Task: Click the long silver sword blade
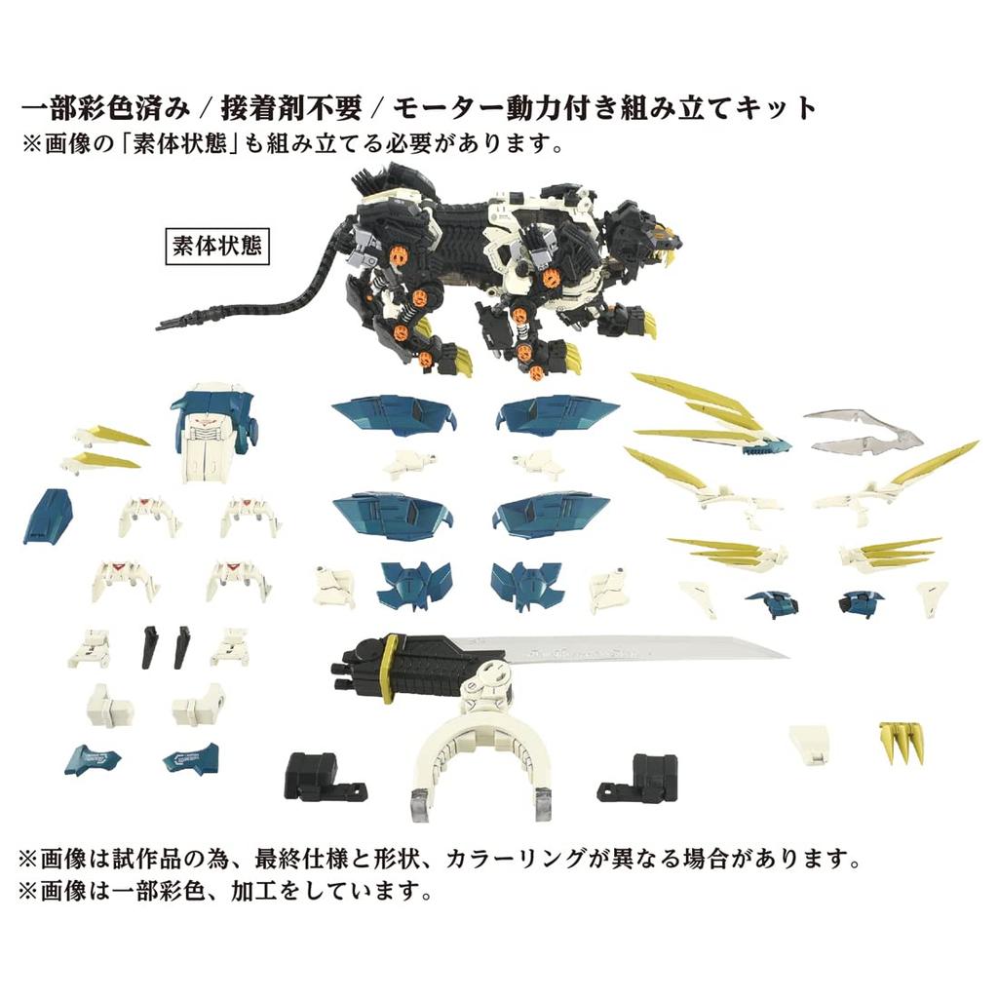click(643, 651)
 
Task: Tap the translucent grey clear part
click(864, 431)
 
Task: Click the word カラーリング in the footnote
click(540, 860)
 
